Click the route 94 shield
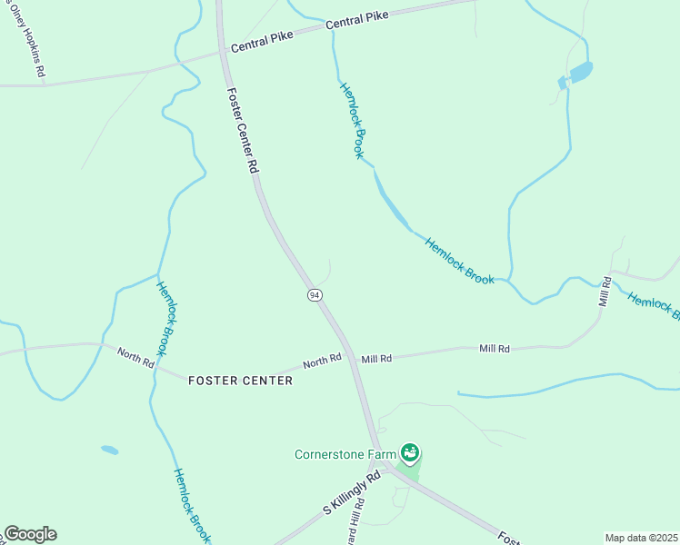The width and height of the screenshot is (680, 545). click(314, 296)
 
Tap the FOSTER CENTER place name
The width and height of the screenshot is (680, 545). click(240, 381)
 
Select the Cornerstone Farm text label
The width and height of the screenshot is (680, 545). click(347, 454)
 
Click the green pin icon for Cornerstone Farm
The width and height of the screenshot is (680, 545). click(410, 451)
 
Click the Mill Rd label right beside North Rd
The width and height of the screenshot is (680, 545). click(375, 359)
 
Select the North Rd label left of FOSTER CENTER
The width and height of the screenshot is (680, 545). click(135, 356)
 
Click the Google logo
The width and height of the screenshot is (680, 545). click(30, 534)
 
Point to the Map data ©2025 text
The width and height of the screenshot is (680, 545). click(641, 538)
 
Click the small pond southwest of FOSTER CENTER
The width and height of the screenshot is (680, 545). click(109, 450)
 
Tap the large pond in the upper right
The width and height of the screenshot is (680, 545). click(579, 72)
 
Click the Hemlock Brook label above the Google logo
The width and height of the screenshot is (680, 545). click(192, 505)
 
